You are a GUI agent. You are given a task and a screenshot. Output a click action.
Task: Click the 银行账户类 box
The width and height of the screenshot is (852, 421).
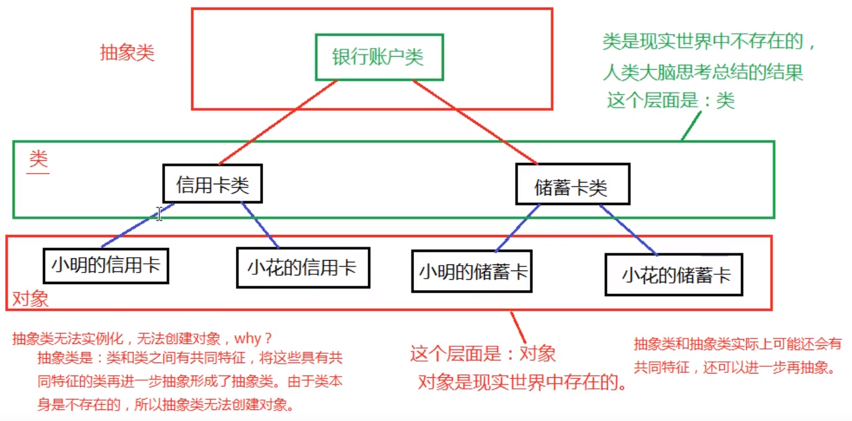click(378, 57)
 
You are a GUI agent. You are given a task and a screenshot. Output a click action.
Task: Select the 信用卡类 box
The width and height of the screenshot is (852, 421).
click(213, 184)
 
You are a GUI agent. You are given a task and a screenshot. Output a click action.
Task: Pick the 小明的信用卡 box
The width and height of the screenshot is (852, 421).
click(106, 266)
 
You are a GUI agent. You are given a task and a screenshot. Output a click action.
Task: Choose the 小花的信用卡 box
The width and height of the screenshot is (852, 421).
click(302, 268)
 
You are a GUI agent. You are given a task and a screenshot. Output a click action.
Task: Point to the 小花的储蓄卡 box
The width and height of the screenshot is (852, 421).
click(674, 275)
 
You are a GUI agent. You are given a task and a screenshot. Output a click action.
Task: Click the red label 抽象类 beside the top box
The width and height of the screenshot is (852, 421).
click(127, 53)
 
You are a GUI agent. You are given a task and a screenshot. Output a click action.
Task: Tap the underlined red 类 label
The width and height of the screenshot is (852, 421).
click(39, 161)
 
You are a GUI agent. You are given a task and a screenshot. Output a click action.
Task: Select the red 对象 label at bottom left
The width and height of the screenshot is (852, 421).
click(30, 300)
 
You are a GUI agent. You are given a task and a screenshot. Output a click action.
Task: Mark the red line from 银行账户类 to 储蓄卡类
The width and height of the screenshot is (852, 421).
click(474, 123)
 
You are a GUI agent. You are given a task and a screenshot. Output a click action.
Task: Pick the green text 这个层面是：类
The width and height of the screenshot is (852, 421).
click(671, 100)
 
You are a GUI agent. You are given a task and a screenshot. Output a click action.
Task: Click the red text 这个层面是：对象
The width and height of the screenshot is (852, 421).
click(483, 353)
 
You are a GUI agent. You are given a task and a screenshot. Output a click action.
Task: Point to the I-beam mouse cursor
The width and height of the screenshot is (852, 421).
click(159, 214)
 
